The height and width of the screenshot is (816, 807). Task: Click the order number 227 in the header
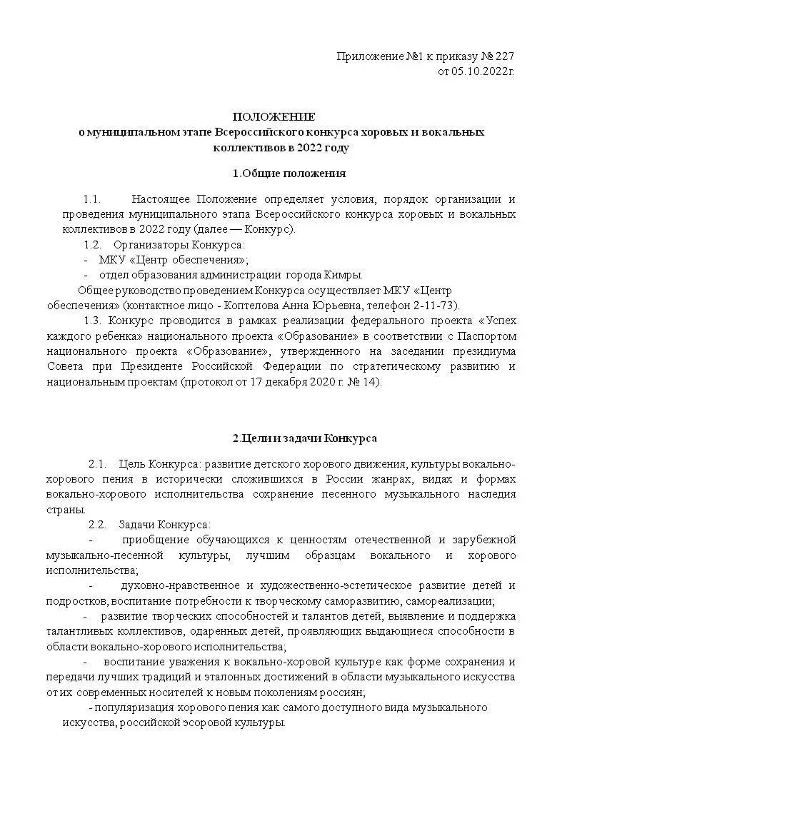pyautogui.click(x=504, y=56)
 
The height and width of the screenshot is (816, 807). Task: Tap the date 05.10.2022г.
pyautogui.click(x=482, y=71)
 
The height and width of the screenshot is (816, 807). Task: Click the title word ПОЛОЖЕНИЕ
pyautogui.click(x=274, y=116)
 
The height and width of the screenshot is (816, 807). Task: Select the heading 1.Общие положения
pyautogui.click(x=289, y=173)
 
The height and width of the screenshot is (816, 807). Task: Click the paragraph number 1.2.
pyautogui.click(x=92, y=245)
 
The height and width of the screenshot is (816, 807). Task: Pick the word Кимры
pyautogui.click(x=345, y=275)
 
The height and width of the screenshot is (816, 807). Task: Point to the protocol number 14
pyautogui.click(x=372, y=382)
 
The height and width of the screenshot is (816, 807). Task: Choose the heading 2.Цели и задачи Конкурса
pyautogui.click(x=305, y=438)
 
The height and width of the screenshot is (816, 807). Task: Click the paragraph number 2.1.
pyautogui.click(x=97, y=464)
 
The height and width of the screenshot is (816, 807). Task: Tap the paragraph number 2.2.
pyautogui.click(x=97, y=525)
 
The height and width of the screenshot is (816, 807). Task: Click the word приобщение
pyautogui.click(x=156, y=540)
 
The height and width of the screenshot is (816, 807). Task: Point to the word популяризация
pyautogui.click(x=133, y=707)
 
